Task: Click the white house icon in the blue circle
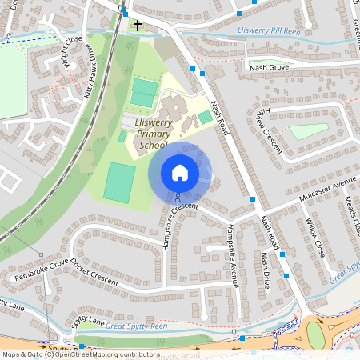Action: [x=179, y=173]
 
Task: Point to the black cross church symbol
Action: [x=137, y=26]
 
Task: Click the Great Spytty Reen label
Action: [x=137, y=326]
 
